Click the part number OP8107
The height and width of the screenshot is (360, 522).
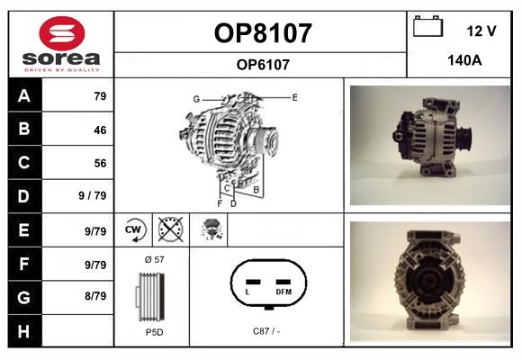(x=262, y=33)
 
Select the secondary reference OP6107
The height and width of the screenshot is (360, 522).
(x=262, y=64)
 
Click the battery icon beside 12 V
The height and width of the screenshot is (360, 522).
(x=427, y=28)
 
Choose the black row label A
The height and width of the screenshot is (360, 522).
(x=22, y=96)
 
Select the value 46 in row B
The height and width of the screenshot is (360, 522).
(x=100, y=130)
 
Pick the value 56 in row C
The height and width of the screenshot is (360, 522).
(x=100, y=163)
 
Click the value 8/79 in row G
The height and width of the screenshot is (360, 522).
(x=94, y=296)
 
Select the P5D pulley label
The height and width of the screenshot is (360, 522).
(x=153, y=332)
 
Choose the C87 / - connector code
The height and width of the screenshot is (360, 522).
(x=266, y=331)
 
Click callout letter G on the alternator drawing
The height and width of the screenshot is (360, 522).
(x=195, y=98)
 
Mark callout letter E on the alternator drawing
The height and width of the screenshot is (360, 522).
(x=294, y=96)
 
